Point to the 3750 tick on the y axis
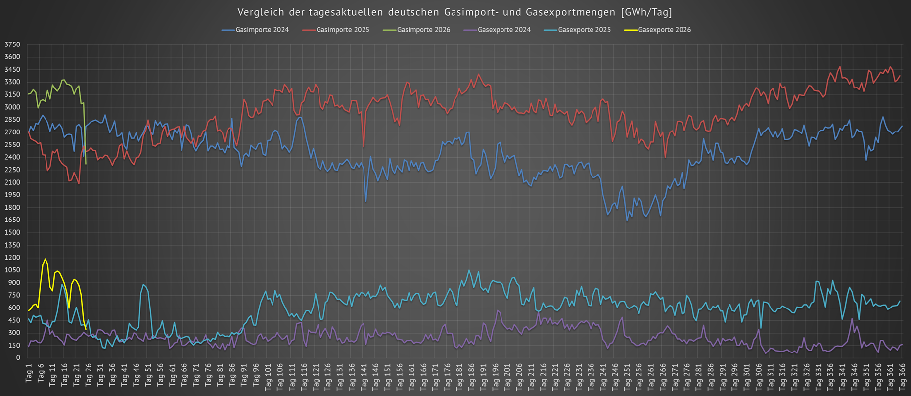[12, 44]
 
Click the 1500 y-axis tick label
[12, 233]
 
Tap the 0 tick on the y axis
[18, 358]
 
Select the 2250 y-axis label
[12, 170]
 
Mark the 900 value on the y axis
[14, 283]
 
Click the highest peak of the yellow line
[46, 259]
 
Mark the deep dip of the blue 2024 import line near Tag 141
[366, 201]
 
